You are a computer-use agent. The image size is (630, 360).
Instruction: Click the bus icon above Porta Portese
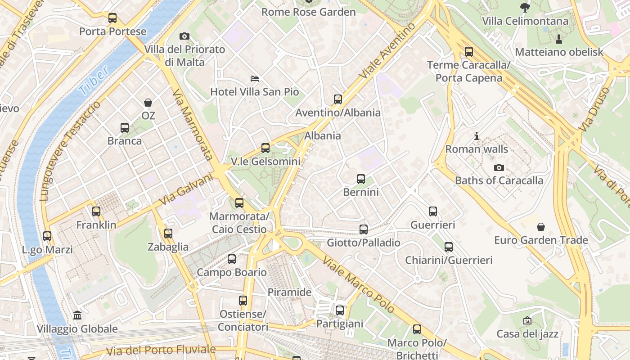click(x=112, y=18)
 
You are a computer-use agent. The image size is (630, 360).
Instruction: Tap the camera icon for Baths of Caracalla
click(x=499, y=168)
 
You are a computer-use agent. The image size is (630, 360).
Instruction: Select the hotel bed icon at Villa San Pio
click(x=255, y=79)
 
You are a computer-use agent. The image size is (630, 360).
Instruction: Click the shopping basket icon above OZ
click(x=148, y=103)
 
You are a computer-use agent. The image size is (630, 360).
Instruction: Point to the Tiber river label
click(x=94, y=81)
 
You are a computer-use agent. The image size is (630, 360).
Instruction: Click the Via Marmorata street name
click(x=193, y=124)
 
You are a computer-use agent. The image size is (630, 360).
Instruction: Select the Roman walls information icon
click(x=477, y=136)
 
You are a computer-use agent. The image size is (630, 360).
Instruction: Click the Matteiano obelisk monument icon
click(x=559, y=39)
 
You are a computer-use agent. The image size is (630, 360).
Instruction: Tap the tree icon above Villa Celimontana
click(x=525, y=7)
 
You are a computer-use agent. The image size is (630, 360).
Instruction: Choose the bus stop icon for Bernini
click(x=361, y=179)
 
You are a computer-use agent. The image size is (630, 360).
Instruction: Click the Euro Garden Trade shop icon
click(x=541, y=226)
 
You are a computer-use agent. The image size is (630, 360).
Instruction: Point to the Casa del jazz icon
click(x=527, y=320)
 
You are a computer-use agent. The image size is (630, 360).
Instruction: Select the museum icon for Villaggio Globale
click(x=77, y=315)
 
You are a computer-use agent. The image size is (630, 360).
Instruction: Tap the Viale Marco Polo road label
click(x=359, y=286)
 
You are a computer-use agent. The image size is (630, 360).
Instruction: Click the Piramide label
click(x=289, y=292)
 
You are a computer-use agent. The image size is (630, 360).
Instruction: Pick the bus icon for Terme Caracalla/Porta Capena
click(x=469, y=52)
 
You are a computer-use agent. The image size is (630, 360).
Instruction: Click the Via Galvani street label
click(x=185, y=189)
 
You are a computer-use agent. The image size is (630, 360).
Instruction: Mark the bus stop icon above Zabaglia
click(x=168, y=234)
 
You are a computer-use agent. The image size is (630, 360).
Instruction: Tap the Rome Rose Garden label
click(x=309, y=12)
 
